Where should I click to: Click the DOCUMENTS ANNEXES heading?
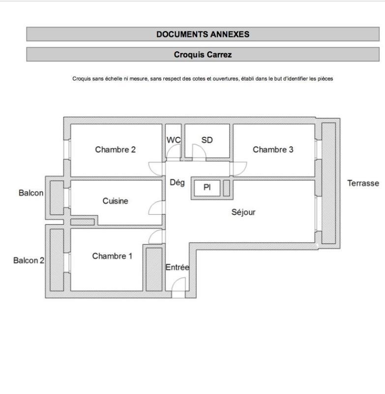(x=203, y=34)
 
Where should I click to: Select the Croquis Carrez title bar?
(x=203, y=55)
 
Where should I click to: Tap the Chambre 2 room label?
(x=116, y=150)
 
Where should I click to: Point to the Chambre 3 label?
(x=273, y=150)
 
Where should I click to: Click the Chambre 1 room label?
(x=112, y=256)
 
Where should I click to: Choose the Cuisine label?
(x=116, y=201)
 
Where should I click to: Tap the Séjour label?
(x=243, y=212)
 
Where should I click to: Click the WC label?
(x=173, y=140)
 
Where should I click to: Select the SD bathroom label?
(x=207, y=140)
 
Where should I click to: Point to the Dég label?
(x=177, y=183)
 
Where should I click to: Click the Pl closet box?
(x=207, y=188)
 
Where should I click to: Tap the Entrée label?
(x=177, y=267)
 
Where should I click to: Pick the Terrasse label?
(x=363, y=183)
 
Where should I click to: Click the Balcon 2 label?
(x=29, y=261)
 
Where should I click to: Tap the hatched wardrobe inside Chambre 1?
(x=153, y=268)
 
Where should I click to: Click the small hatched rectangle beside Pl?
(x=226, y=188)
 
